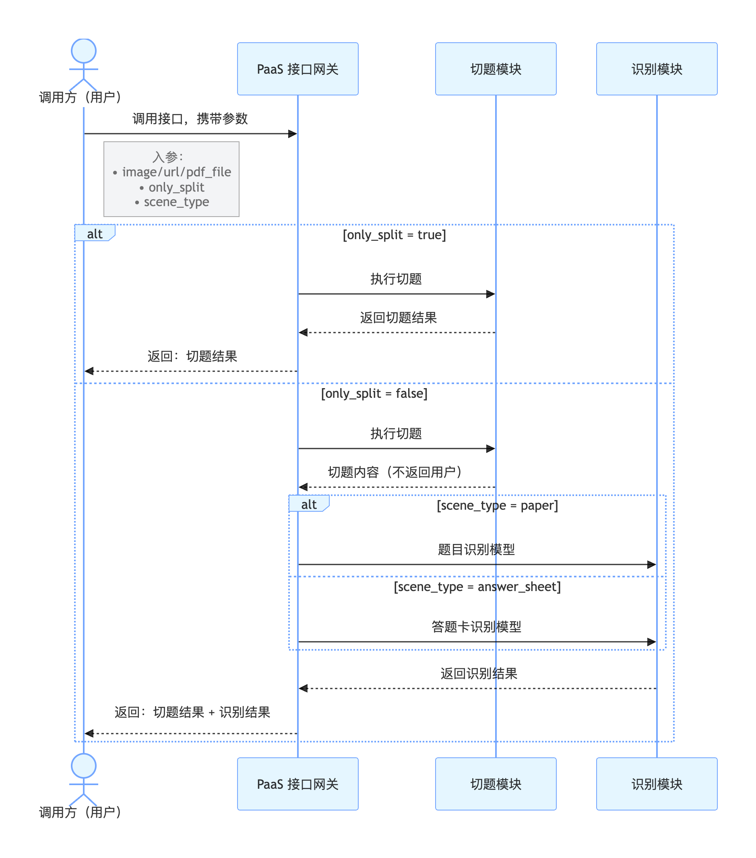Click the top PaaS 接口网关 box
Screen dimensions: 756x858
pos(297,69)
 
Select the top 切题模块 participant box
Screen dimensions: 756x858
pos(496,69)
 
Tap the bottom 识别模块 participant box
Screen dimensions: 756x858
pos(657,784)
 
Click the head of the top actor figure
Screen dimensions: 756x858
pos(84,51)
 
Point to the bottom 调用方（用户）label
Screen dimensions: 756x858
pos(80,812)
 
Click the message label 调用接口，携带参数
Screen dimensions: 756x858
pos(190,119)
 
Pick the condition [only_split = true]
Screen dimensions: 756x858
pos(394,235)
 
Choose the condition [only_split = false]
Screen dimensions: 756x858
pos(374,393)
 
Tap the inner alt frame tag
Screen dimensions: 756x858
pos(309,504)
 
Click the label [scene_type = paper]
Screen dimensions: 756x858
pos(498,505)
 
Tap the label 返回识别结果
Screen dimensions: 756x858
pos(479,673)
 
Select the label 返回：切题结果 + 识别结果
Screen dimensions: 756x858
pos(192,712)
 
